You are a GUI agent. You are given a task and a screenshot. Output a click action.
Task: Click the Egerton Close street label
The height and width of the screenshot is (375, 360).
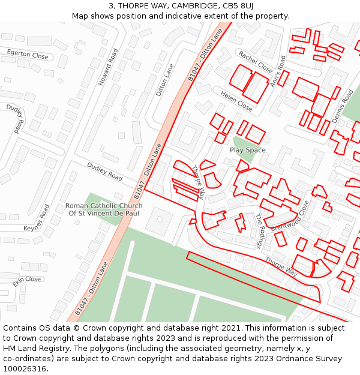tap(28, 55)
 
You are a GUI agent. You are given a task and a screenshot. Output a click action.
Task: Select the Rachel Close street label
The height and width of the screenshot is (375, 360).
tap(255, 62)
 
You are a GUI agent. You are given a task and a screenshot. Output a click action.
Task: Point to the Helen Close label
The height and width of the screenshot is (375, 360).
tap(236, 101)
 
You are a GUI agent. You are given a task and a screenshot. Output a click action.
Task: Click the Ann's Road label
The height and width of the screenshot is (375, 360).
tap(278, 71)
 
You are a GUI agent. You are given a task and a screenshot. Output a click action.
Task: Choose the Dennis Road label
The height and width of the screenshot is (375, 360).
tap(343, 106)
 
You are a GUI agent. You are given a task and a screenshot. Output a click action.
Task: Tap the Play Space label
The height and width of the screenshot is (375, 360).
tap(247, 150)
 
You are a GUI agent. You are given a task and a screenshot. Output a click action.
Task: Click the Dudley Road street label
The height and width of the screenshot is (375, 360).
tap(104, 172)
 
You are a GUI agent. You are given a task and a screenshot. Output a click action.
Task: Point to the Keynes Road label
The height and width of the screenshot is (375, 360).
tap(37, 220)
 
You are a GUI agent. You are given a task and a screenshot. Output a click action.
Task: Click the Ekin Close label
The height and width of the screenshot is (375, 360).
tap(27, 280)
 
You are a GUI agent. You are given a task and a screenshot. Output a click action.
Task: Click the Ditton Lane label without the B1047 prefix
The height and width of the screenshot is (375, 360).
tap(164, 80)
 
